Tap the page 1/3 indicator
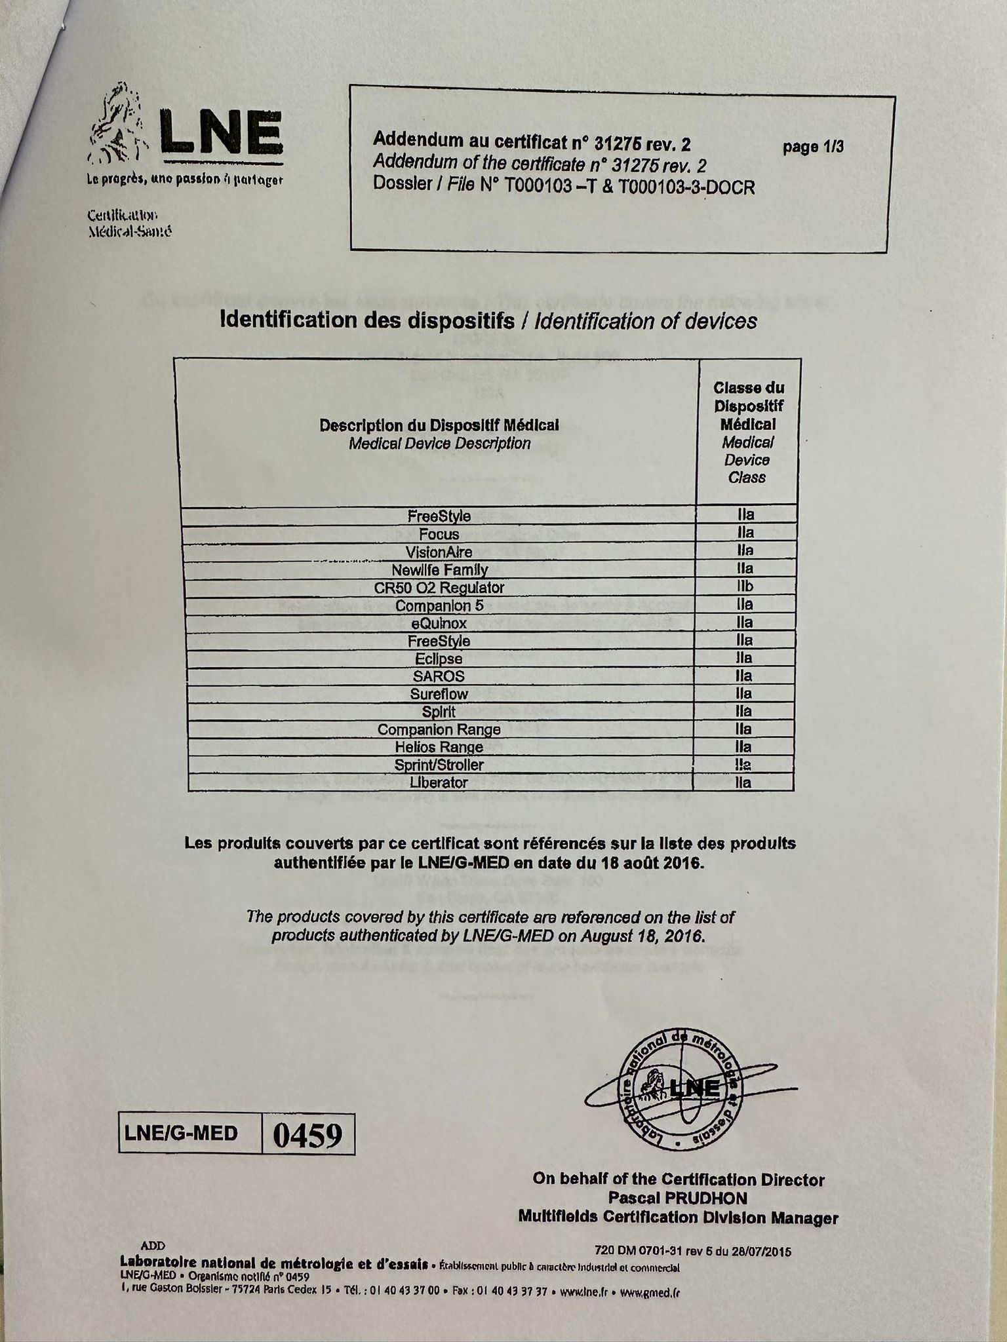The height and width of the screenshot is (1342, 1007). click(x=813, y=147)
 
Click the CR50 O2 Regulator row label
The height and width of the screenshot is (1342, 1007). click(x=439, y=588)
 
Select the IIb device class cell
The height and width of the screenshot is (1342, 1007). click(x=745, y=586)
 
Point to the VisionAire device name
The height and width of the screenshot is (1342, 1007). click(x=439, y=552)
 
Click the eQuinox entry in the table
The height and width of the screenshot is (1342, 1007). click(x=439, y=623)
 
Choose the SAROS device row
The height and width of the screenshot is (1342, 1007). click(x=439, y=676)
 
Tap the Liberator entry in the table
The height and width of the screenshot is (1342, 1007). click(x=439, y=782)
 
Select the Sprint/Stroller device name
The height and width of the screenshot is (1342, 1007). click(x=439, y=765)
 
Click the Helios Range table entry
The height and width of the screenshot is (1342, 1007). click(x=439, y=747)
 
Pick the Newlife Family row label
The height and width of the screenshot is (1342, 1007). click(x=439, y=569)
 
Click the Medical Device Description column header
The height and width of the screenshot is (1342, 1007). click(x=439, y=434)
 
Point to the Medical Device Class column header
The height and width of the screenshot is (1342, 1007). click(x=748, y=432)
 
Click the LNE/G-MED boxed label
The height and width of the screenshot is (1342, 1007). click(x=181, y=1133)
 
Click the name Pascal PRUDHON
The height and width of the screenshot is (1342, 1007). click(x=678, y=1198)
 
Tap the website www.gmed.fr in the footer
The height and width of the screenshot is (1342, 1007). click(x=650, y=1293)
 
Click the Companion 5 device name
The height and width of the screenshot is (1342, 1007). click(x=439, y=605)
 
